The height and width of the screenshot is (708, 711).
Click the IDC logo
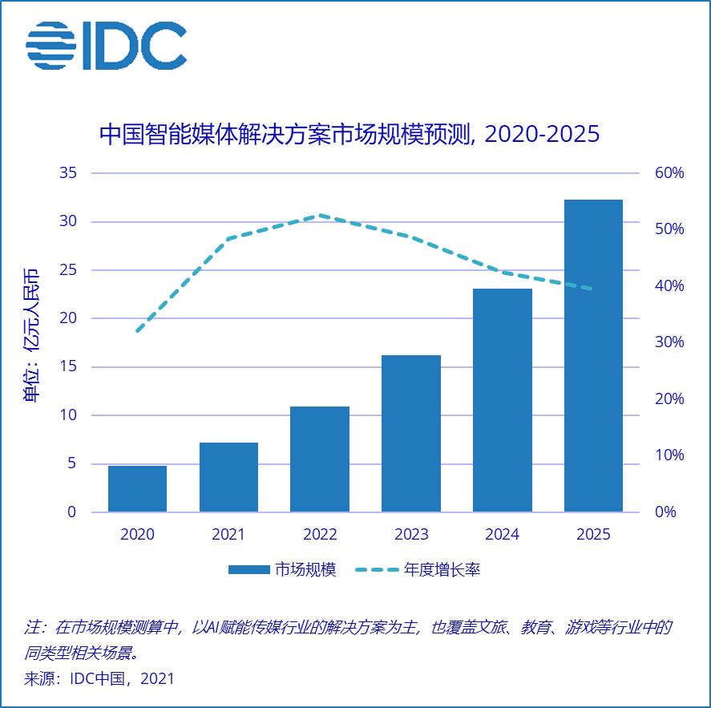(107, 45)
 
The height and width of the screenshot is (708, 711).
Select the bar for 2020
(137, 488)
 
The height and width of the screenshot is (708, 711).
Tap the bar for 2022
(320, 459)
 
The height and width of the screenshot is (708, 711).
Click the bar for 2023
(411, 433)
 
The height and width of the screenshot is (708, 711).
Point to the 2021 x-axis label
(228, 534)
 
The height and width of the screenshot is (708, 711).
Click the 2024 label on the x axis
(503, 534)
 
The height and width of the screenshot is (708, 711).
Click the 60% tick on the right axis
(669, 173)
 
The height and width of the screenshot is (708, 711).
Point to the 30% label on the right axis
(669, 342)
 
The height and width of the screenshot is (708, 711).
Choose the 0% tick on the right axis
(666, 512)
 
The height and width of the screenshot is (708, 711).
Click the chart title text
(349, 134)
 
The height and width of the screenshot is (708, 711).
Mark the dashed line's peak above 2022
(319, 215)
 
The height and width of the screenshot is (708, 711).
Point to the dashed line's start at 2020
(138, 331)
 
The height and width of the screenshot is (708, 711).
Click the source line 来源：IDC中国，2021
(99, 678)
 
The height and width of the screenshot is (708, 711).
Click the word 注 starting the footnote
(33, 627)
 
